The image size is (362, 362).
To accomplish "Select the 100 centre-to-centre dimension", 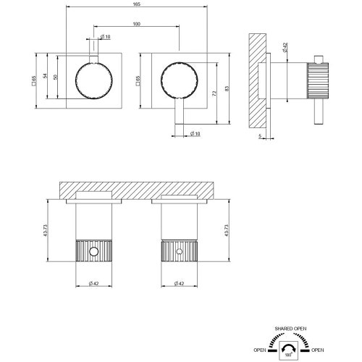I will click(x=137, y=25).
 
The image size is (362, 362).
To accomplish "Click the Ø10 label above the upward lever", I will click(x=104, y=37).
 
